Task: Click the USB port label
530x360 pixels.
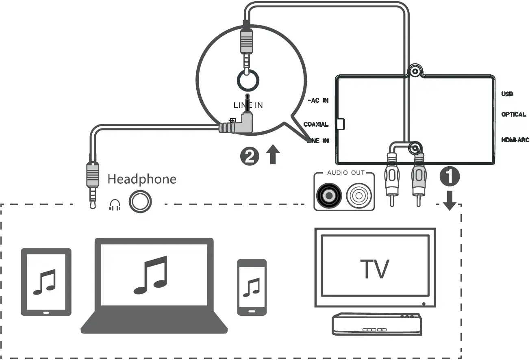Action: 507,94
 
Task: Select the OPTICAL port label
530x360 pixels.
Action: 514,114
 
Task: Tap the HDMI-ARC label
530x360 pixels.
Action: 515,140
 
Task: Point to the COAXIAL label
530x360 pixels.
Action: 316,124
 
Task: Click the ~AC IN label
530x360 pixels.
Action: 318,100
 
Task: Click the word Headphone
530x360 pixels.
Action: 142,179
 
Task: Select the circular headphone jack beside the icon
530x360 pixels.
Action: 140,201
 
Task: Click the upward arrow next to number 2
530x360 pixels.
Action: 273,155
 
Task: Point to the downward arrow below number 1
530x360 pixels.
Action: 449,201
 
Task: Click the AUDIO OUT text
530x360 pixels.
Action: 346,173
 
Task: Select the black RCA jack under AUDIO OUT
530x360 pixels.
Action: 328,196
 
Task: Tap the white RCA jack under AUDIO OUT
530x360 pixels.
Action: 359,196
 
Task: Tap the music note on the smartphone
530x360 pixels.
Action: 252,288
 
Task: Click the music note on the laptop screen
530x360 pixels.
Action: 150,275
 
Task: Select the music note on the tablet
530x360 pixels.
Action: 44,282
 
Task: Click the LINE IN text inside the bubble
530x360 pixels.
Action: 248,105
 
